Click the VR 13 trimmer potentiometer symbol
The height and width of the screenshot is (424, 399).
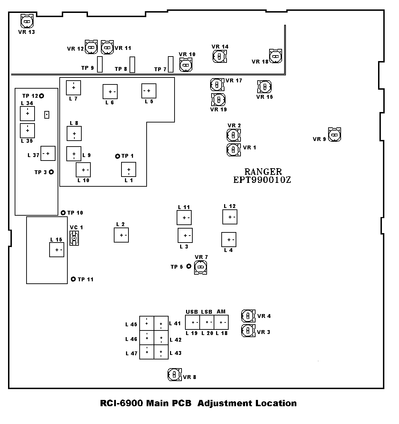point(27,21)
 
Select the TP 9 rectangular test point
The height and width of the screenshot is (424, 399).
point(100,64)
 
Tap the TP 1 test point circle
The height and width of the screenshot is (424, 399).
point(118,156)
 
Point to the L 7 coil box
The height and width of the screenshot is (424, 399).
point(73,88)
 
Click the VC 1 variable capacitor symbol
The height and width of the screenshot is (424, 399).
point(74,238)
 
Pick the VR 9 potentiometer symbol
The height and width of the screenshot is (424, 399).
point(334,135)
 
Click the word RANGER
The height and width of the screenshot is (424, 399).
point(263,172)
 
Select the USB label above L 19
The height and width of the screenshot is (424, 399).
point(192,312)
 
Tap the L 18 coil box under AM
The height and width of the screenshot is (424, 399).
point(221,322)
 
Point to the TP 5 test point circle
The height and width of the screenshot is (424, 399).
point(189,266)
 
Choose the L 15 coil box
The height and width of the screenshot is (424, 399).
point(57,250)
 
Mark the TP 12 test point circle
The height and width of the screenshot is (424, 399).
point(42,96)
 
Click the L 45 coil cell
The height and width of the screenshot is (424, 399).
point(147,323)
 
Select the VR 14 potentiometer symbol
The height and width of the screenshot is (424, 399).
point(219,57)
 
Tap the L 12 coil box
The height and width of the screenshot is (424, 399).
point(230,217)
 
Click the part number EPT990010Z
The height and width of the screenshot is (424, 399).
point(262,180)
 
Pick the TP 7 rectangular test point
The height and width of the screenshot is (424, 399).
point(171,64)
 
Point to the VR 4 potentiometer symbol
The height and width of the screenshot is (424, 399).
point(248,316)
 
